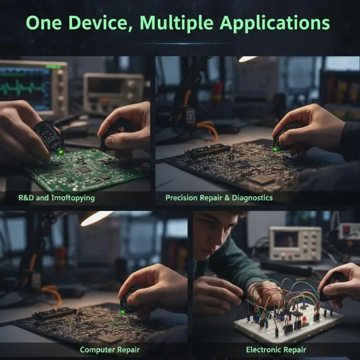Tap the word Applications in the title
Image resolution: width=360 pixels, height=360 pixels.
click(x=275, y=23)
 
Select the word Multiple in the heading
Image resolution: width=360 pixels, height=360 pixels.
click(x=176, y=23)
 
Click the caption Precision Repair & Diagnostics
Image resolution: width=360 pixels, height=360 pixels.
click(x=219, y=198)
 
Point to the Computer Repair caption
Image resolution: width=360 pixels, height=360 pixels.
click(x=110, y=350)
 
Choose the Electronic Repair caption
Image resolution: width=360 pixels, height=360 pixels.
click(x=276, y=350)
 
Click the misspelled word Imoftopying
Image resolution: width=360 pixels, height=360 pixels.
click(x=73, y=198)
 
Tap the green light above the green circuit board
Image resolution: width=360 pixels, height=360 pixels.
click(x=61, y=152)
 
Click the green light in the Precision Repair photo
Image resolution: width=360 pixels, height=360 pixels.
click(x=275, y=150)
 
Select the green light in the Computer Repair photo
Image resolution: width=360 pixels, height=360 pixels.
click(x=122, y=312)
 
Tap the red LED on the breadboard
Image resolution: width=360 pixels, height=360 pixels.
click(x=305, y=319)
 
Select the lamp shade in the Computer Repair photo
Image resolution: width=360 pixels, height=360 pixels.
click(x=96, y=218)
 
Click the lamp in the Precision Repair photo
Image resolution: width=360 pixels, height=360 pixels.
click(x=247, y=59)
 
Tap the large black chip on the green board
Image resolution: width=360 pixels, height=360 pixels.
click(x=85, y=170)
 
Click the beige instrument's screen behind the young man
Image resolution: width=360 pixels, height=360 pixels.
click(x=286, y=239)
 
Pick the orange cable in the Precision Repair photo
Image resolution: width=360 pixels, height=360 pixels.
click(x=208, y=129)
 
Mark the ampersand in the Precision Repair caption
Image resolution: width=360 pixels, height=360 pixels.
click(x=227, y=198)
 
